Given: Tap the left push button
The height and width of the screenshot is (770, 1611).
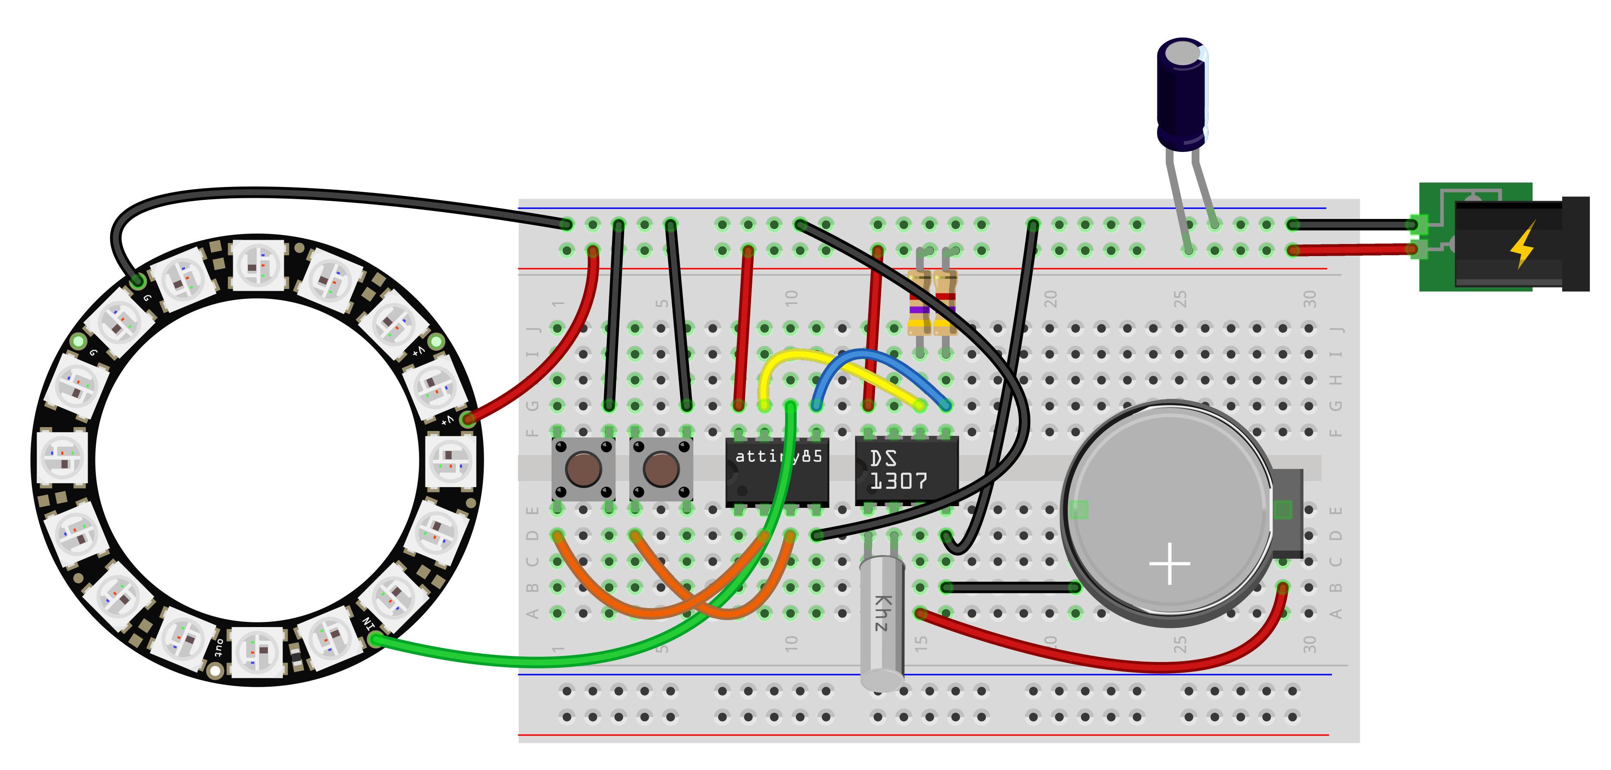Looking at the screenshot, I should click(584, 469).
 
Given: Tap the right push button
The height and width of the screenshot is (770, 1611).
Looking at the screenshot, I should click(661, 469).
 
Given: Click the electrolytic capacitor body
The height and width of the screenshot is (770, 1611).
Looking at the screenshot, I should click(1181, 94).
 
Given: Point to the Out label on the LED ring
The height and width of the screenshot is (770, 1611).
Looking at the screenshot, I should click(218, 647).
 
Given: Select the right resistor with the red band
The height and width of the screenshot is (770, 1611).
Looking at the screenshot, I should click(945, 300).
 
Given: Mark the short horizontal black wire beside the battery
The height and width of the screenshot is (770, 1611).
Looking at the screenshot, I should click(1010, 587).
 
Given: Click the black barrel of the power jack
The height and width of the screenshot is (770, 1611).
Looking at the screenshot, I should click(1513, 244).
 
